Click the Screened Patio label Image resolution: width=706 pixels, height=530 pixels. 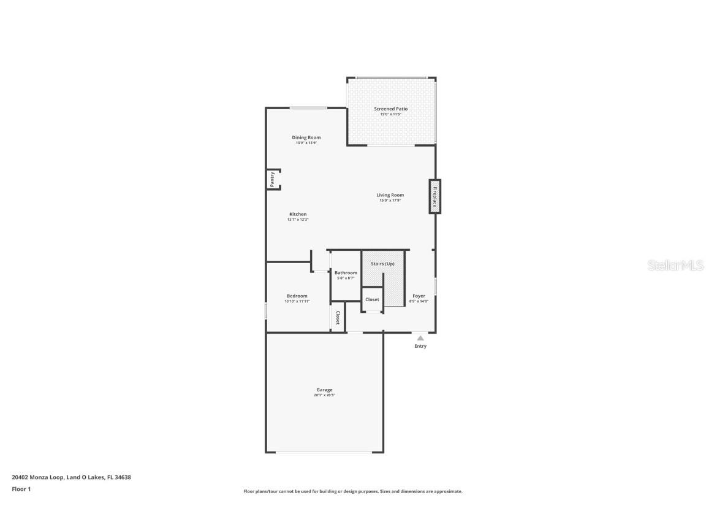point(390,109)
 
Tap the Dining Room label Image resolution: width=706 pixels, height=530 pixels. point(306,137)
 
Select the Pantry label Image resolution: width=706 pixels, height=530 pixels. point(272,179)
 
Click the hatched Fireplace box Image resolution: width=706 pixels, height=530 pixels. point(435,196)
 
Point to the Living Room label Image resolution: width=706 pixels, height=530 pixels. point(390,195)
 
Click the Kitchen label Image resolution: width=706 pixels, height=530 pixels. point(298,214)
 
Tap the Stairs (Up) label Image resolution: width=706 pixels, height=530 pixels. point(382,264)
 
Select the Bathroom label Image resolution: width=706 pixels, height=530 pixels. point(346,272)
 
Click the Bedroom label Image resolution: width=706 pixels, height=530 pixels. point(297,296)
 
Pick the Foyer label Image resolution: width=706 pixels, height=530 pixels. point(419,296)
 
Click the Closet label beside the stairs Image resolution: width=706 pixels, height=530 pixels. point(372,299)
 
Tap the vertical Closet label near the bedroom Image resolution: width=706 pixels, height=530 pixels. point(338,318)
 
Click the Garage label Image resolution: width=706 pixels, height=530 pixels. point(324,390)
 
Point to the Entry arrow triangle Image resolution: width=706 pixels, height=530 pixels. point(420,338)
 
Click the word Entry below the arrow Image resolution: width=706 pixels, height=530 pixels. point(420,346)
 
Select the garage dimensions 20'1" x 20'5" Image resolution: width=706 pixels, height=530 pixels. point(324,396)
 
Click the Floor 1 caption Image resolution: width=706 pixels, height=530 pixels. point(21,489)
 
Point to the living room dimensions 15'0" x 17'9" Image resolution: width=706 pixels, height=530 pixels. point(390,201)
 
